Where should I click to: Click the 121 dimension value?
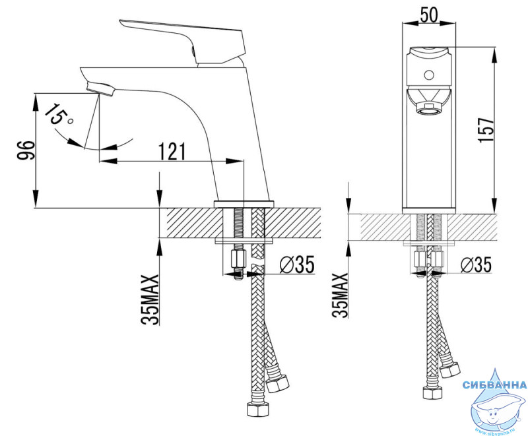click(172, 152)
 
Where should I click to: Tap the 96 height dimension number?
click(26, 150)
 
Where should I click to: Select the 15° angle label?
click(57, 115)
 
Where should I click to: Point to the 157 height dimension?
click(486, 130)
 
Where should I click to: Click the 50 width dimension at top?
click(430, 15)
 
